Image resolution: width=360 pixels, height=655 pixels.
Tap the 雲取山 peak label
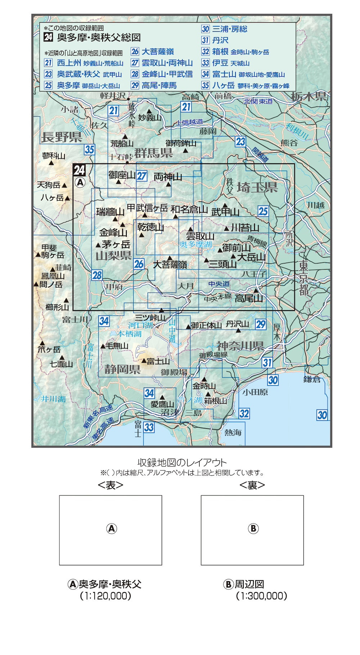[200, 236]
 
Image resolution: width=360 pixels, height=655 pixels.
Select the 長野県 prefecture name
[62, 137]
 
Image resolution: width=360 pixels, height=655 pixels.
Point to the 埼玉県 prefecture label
[257, 188]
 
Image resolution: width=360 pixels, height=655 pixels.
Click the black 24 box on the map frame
[79, 170]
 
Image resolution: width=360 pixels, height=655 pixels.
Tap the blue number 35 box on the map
[89, 149]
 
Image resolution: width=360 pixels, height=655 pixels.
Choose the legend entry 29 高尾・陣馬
[154, 85]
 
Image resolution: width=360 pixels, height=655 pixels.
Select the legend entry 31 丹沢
[215, 40]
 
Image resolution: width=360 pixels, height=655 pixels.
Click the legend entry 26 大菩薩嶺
[153, 51]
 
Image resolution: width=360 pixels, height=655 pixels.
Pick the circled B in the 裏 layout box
[253, 528]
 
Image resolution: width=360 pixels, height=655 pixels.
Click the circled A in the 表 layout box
[112, 528]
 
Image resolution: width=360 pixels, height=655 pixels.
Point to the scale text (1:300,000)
[261, 596]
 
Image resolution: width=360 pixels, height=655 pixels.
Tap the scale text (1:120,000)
[105, 596]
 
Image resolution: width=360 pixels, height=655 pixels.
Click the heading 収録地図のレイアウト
[182, 462]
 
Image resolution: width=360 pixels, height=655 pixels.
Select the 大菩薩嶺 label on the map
[170, 265]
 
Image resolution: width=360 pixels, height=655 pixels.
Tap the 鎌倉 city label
[312, 379]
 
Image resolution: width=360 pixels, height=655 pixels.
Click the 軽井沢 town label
[113, 95]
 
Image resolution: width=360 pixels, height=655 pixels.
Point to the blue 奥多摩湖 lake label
[196, 244]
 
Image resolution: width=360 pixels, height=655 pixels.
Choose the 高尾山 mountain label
[249, 298]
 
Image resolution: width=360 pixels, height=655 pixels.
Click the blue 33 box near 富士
[149, 427]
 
